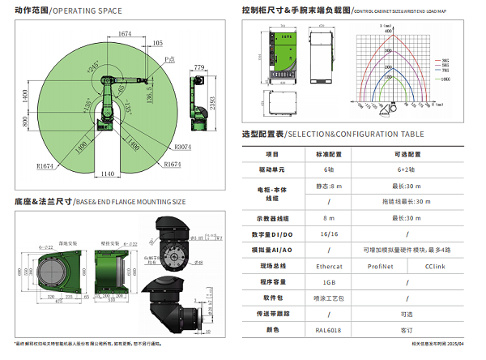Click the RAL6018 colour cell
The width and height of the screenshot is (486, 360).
click(x=329, y=330)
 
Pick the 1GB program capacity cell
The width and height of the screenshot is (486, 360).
click(x=329, y=281)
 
